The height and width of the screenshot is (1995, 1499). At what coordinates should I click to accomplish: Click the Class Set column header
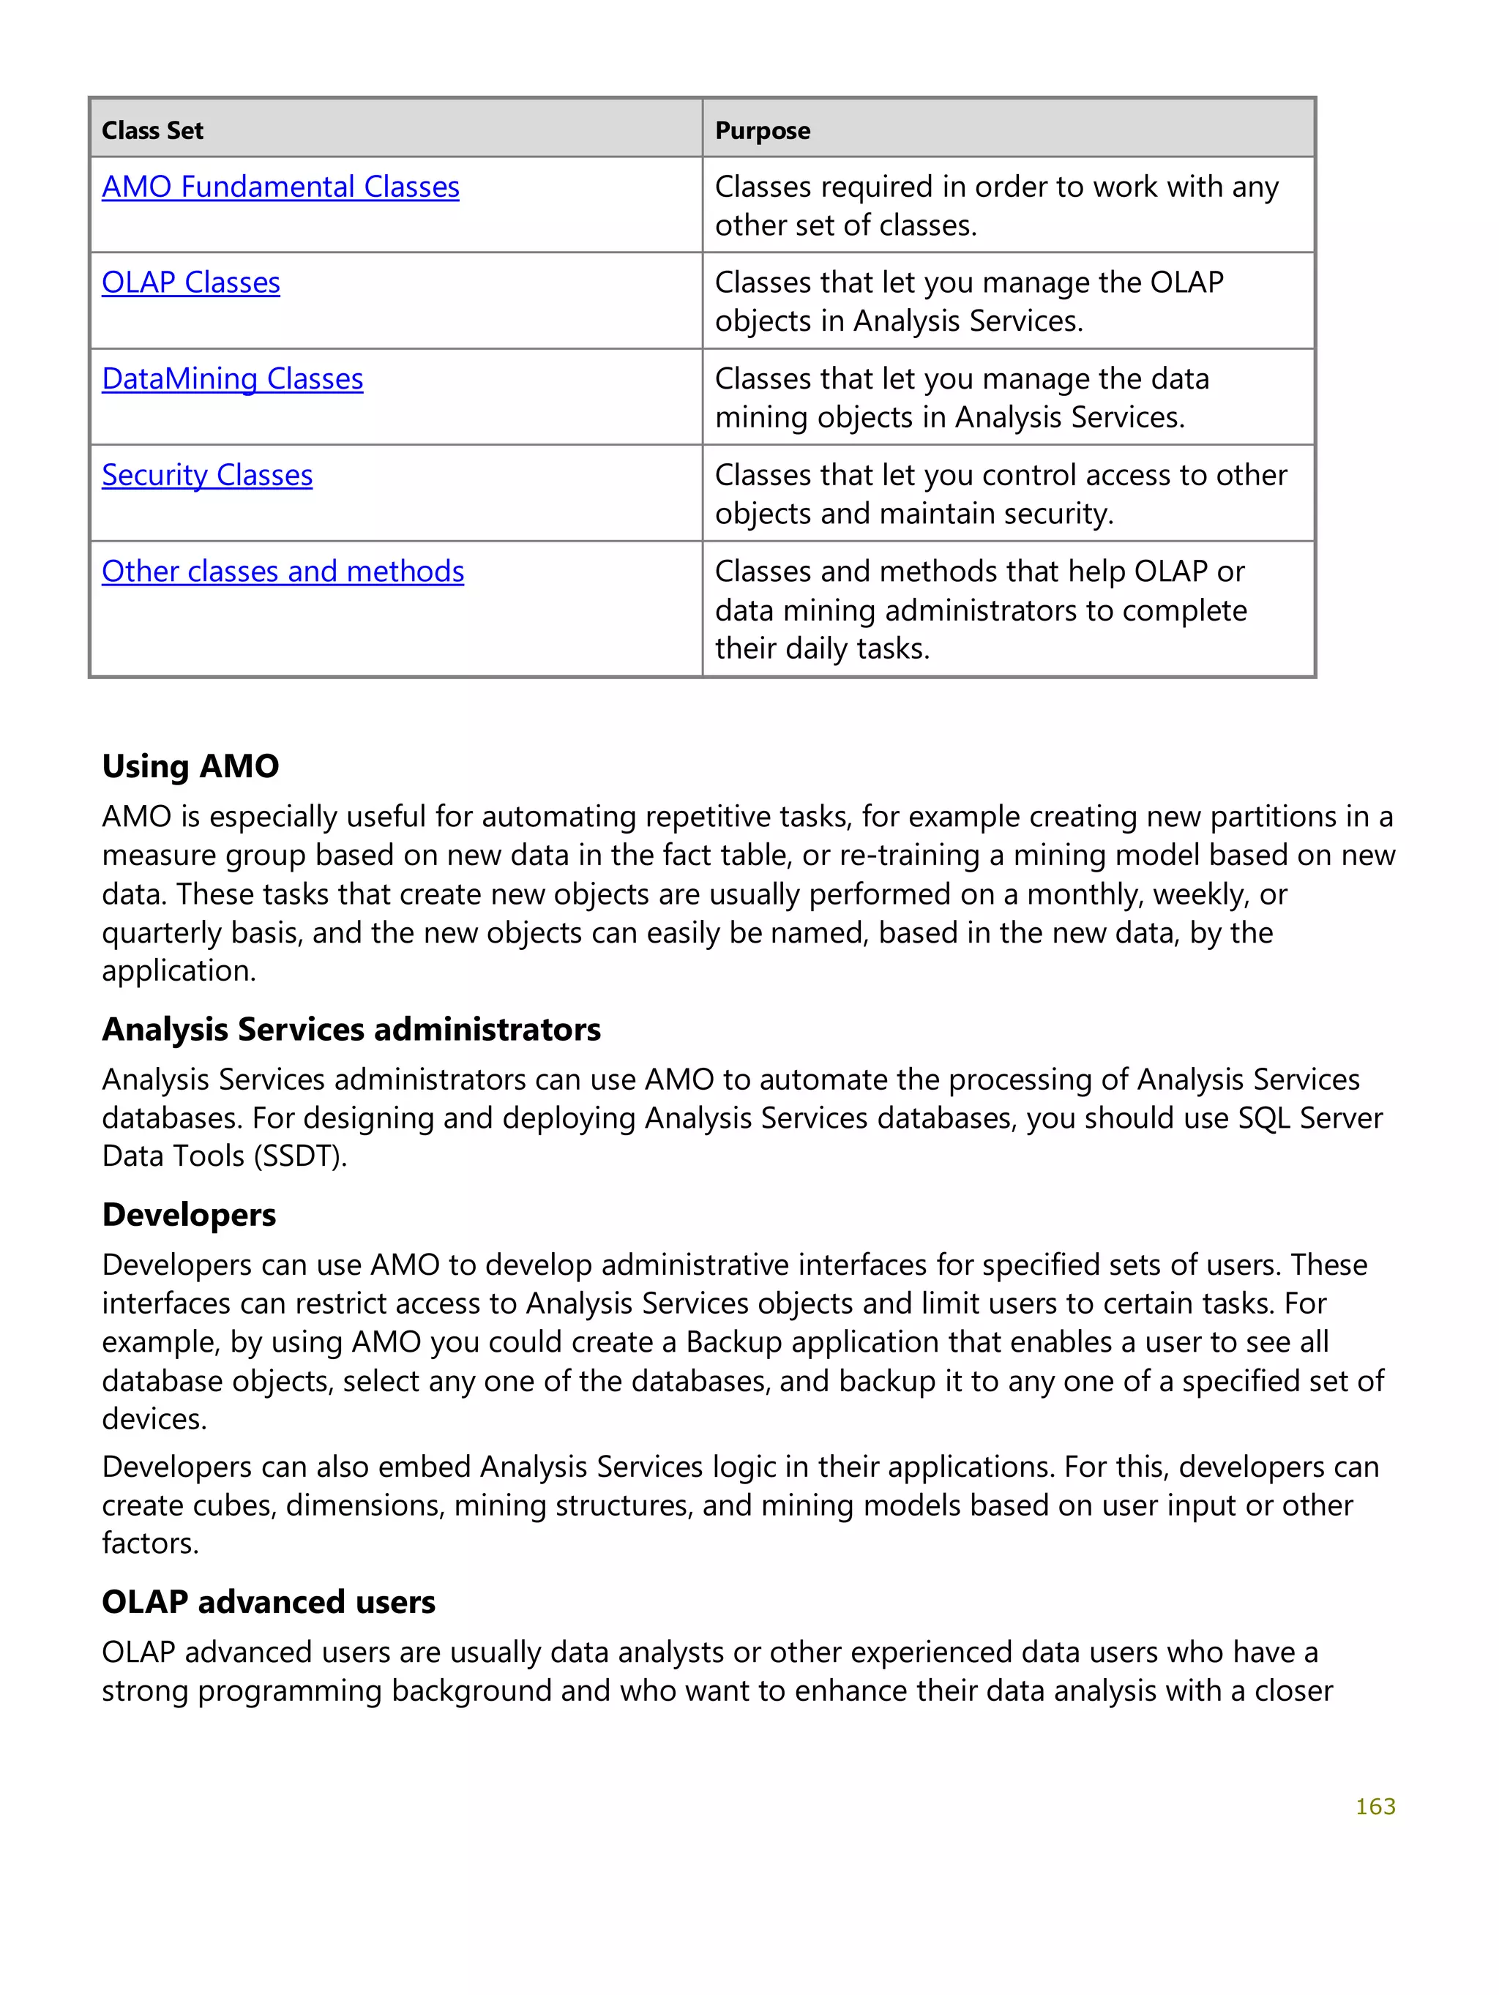pos(152,131)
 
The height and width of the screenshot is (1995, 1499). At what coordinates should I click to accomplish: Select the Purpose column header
pos(762,131)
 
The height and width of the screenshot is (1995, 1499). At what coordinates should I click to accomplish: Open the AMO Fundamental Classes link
pos(280,187)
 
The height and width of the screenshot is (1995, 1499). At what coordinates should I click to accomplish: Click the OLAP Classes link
pos(190,282)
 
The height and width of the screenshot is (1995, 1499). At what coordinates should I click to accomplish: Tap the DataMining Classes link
pos(232,379)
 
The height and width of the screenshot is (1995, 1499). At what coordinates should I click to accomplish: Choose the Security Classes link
pos(206,474)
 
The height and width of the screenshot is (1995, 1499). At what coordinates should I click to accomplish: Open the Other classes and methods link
pos(283,571)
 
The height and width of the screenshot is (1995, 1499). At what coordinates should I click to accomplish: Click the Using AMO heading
pos(190,766)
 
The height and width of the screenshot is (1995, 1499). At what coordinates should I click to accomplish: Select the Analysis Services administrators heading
pos(351,1029)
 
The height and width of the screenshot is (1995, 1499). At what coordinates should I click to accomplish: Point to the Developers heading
pos(189,1214)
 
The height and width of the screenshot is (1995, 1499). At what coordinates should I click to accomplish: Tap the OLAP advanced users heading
pos(268,1602)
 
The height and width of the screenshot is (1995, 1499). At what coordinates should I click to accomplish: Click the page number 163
pos(1375,1806)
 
